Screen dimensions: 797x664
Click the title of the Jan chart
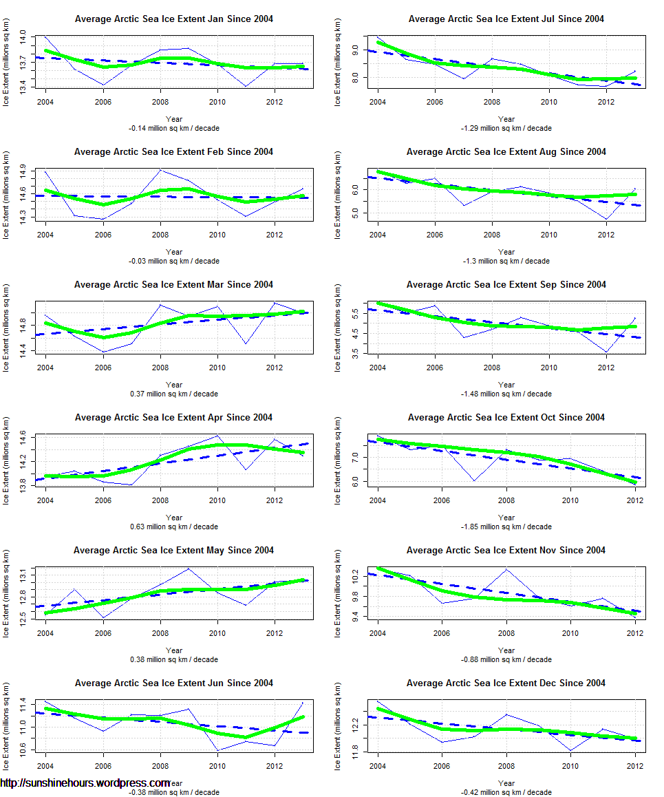pos(173,19)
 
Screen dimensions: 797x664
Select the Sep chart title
pos(506,285)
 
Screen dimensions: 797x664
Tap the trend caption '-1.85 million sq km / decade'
pos(506,527)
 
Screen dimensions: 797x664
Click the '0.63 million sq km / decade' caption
pos(174,527)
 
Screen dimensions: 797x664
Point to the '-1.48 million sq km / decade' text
pos(506,394)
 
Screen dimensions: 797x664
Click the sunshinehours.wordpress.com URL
pos(85,783)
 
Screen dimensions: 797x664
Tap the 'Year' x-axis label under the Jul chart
pos(506,119)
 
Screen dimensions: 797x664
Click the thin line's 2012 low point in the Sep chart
pos(606,352)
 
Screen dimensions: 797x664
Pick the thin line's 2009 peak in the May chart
pos(189,568)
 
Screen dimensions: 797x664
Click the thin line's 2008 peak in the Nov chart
pos(506,569)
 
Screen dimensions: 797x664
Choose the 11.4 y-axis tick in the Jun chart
pos(23,703)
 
